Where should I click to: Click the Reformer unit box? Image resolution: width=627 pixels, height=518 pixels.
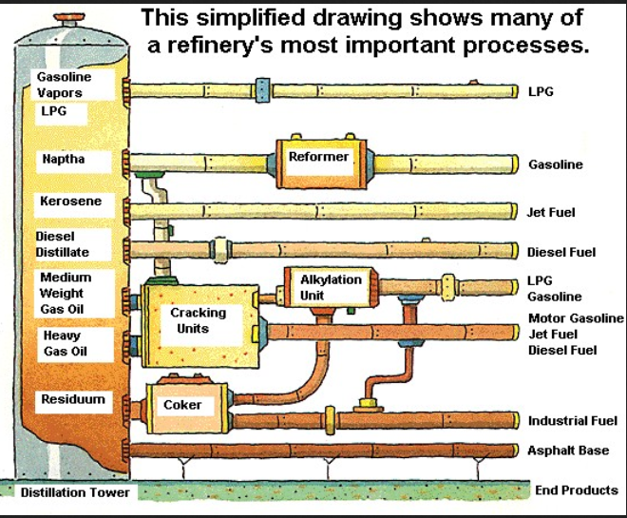(319, 161)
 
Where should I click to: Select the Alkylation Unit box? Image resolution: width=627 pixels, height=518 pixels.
(330, 287)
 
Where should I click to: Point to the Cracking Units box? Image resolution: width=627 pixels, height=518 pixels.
(198, 321)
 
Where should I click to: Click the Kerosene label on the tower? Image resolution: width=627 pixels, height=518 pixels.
(70, 201)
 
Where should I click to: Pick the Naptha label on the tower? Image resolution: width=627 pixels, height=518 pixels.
(64, 159)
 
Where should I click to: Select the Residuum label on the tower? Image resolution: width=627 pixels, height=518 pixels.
(72, 400)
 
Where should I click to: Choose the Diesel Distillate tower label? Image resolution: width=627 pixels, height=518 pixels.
(63, 243)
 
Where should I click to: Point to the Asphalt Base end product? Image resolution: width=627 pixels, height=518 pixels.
(567, 451)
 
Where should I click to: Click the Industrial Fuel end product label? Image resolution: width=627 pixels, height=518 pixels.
(573, 421)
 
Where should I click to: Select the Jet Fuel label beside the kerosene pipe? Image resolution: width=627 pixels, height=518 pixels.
(551, 212)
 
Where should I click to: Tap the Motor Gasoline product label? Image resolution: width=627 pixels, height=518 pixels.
(576, 318)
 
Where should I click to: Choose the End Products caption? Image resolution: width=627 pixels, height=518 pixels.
(576, 490)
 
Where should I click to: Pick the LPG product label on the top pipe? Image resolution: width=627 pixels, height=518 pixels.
(540, 92)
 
